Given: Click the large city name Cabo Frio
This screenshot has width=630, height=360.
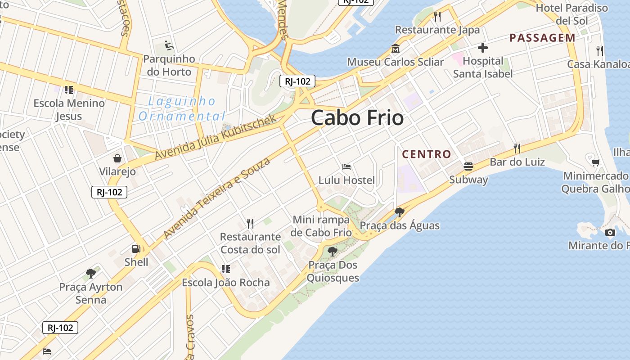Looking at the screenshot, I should [357, 118].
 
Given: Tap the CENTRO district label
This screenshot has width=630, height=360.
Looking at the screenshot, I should [427, 154].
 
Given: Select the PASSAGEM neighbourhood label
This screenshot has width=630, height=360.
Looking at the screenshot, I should [542, 38].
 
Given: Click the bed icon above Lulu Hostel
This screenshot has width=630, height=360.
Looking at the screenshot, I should [346, 167].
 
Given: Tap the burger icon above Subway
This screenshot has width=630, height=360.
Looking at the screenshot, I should [468, 166].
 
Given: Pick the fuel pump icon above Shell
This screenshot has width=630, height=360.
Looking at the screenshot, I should [136, 248].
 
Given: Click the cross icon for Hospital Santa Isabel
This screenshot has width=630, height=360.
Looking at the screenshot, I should [483, 48].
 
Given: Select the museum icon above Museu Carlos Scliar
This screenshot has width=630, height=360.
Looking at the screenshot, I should [396, 49].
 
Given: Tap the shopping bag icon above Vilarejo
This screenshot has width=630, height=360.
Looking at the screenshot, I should [117, 158].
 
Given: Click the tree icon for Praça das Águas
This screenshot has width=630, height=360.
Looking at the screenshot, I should [399, 212].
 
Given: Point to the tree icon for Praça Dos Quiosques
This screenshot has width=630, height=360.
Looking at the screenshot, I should [333, 252].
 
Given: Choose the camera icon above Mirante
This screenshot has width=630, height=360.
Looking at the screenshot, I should [610, 232].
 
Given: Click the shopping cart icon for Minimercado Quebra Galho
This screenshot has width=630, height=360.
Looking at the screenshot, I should [595, 162].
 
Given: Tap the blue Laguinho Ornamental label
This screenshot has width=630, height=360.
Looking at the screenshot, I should [181, 108].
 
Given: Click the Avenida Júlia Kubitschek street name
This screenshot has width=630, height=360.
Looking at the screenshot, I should [216, 137].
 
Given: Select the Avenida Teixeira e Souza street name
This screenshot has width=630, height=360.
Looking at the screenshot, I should [217, 198].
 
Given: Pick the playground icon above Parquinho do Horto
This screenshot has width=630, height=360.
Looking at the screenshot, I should [169, 45].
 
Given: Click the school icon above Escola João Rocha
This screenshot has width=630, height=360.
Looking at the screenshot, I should [225, 269].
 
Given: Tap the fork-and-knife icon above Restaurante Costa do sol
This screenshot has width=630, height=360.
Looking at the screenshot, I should [250, 223].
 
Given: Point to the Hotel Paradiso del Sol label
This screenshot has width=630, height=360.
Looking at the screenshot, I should [571, 14].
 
